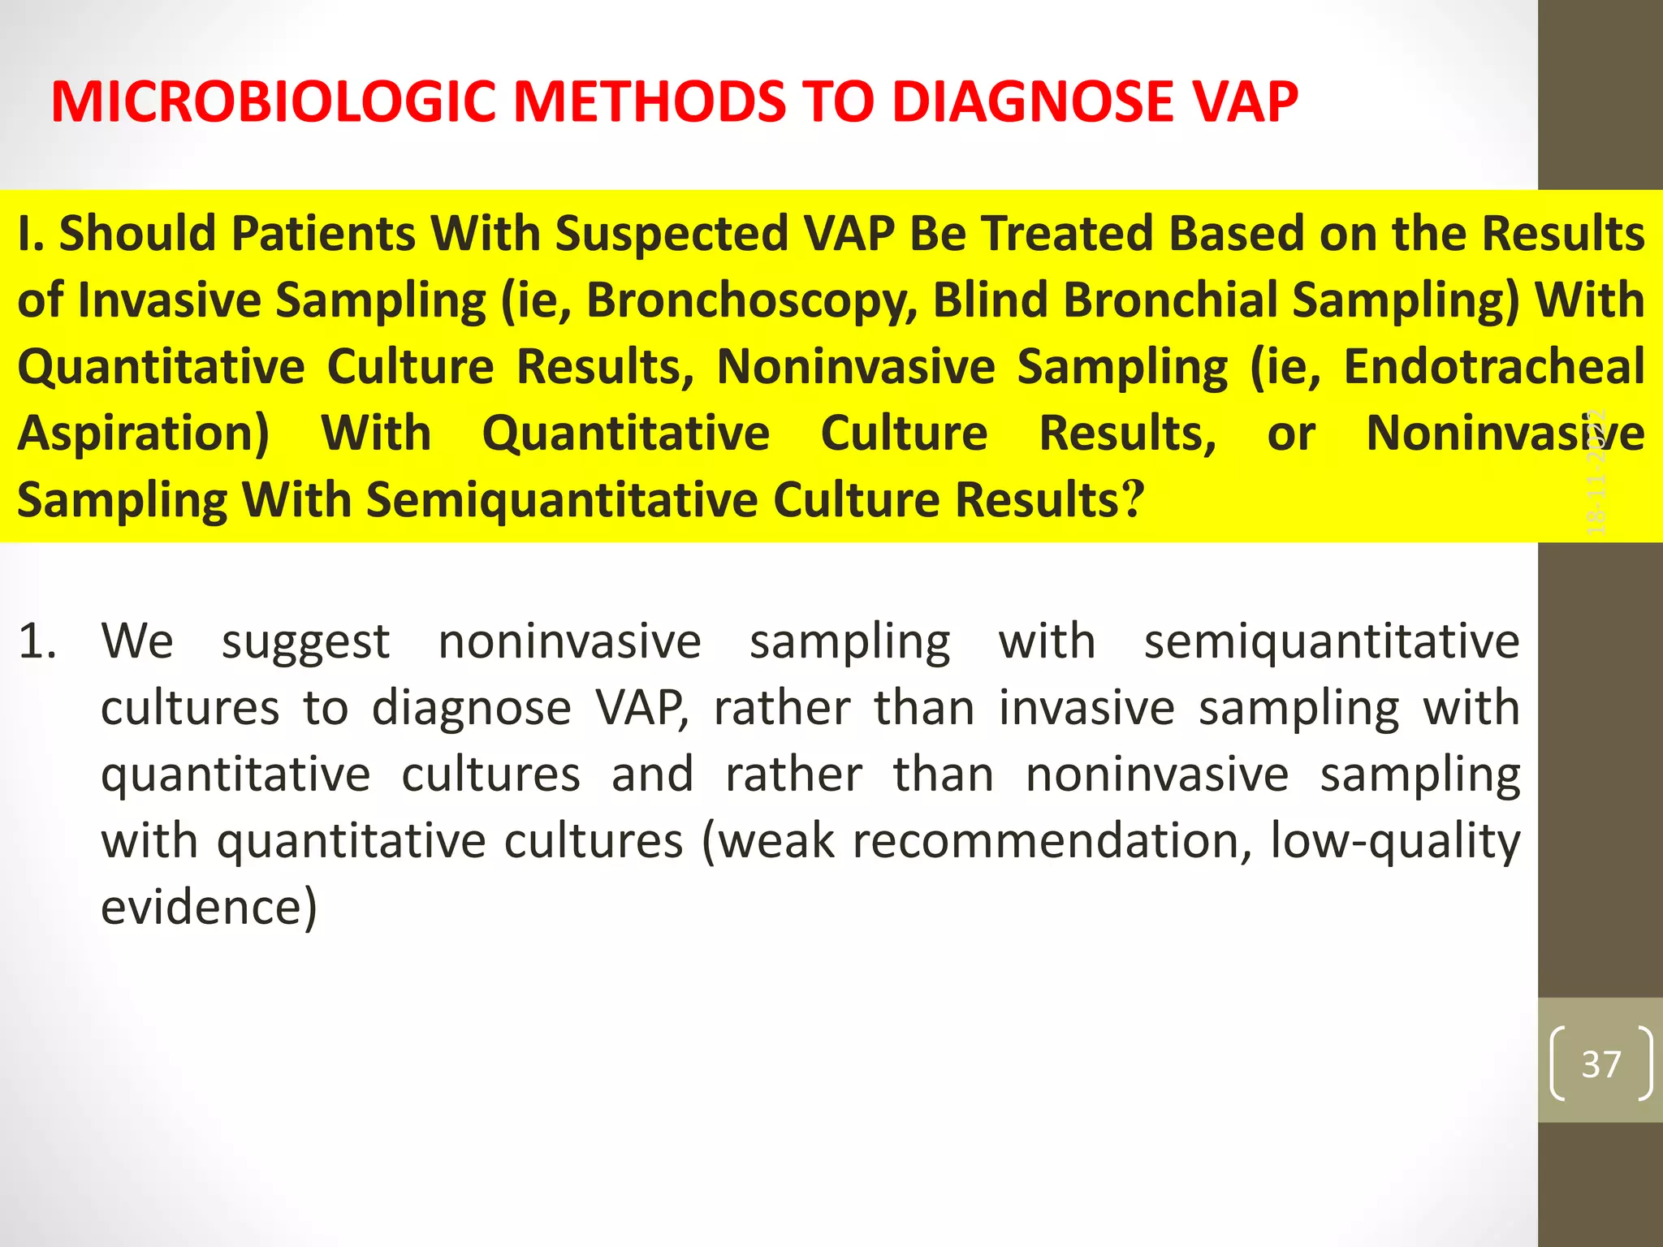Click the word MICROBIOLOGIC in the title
(273, 102)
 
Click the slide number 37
(1600, 1064)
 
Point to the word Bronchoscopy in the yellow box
(752, 300)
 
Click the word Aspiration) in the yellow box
(143, 434)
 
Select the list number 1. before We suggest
(37, 641)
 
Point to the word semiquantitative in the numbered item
(1332, 641)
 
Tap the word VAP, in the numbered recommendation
(642, 708)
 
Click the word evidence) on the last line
(209, 908)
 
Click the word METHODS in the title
(650, 102)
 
